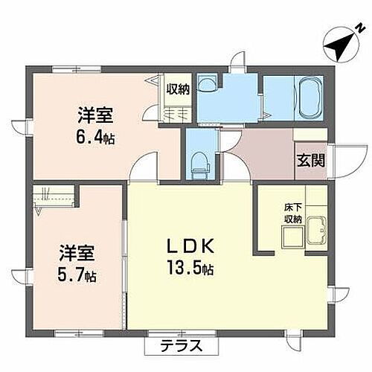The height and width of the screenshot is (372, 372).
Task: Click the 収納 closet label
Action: [177, 89]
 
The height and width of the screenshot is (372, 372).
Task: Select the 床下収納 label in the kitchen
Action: [292, 214]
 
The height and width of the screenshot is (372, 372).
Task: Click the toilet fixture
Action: [199, 164]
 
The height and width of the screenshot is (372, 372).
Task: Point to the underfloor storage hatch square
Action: [292, 236]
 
